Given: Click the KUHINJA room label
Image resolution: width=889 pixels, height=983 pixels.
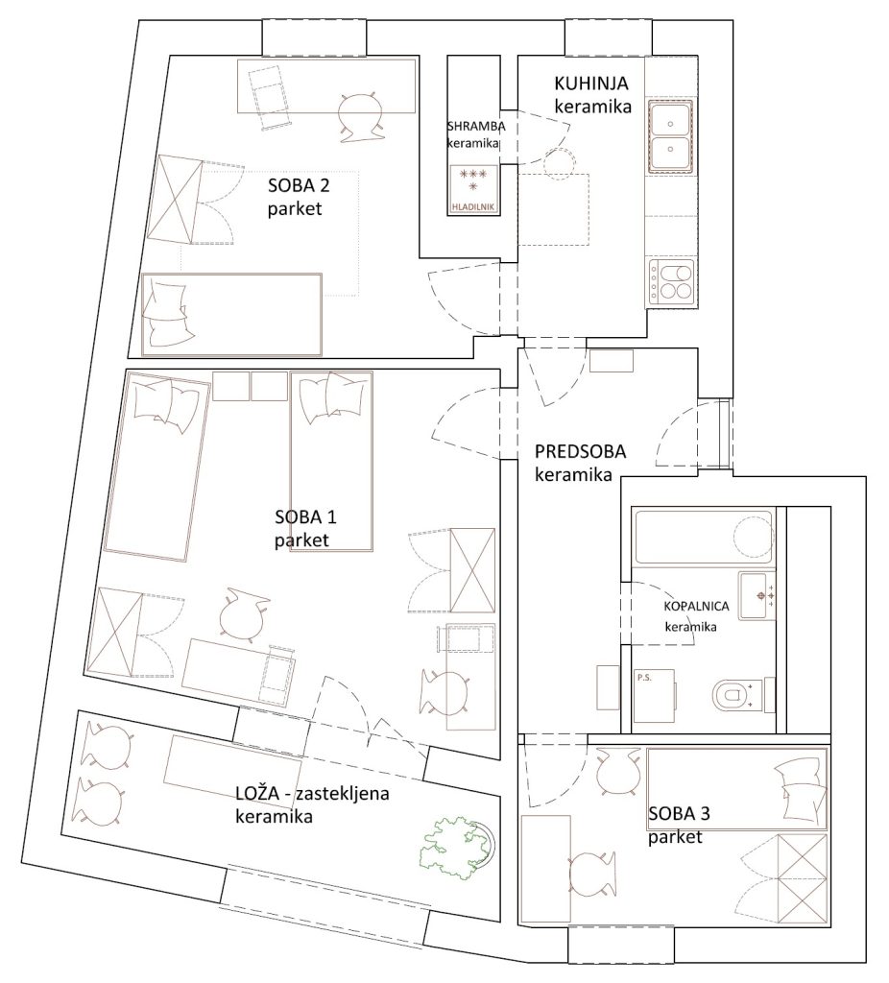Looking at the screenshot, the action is click(x=590, y=84).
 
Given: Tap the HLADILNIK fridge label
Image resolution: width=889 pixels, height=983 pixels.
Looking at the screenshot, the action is click(x=474, y=206).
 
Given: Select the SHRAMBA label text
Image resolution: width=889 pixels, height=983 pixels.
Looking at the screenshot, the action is click(x=476, y=126).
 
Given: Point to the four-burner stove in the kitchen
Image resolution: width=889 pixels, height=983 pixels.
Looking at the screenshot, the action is click(x=671, y=283).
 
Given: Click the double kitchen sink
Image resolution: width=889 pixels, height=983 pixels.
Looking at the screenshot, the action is click(x=670, y=136).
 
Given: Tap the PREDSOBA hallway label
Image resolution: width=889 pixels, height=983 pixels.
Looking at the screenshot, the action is click(x=580, y=451).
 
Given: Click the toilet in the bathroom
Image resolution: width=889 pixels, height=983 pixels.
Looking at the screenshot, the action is click(x=744, y=695).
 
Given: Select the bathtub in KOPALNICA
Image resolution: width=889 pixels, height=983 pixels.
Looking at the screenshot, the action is click(x=705, y=537).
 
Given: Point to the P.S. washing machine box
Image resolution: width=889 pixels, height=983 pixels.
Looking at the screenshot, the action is click(x=655, y=696).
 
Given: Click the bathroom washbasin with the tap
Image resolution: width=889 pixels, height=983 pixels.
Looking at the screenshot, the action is click(x=757, y=595).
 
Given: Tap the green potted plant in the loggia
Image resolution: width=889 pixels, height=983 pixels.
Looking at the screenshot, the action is click(x=459, y=848).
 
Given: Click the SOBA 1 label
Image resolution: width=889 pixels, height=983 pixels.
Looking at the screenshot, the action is click(x=305, y=517).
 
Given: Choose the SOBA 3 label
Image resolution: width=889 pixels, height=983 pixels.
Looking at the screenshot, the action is click(x=679, y=814).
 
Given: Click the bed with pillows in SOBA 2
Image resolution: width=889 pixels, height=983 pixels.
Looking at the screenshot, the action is click(x=232, y=314).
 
